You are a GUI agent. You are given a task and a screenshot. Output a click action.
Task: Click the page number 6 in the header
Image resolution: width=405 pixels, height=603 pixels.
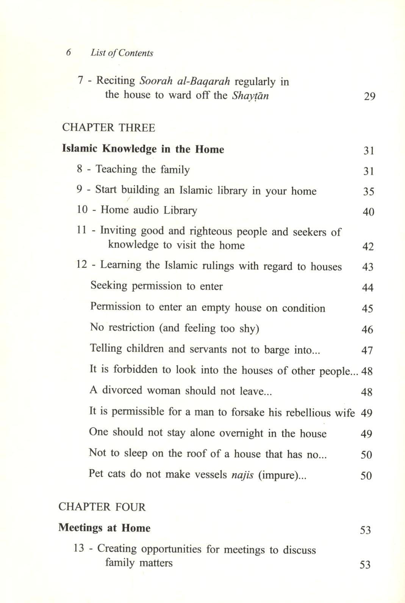tap(69, 53)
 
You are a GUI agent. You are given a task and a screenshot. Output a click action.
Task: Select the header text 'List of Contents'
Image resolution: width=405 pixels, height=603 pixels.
tap(122, 53)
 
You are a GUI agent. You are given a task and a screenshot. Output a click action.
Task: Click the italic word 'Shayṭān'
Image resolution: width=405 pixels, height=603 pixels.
tap(250, 95)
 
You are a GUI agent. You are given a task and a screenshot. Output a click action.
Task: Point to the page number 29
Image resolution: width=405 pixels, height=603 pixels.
tap(369, 96)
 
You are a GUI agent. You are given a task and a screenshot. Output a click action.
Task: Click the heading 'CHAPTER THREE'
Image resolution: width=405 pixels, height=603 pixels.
tap(109, 128)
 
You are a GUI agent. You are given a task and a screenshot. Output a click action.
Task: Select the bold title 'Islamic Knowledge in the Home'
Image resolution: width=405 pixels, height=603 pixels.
tap(143, 149)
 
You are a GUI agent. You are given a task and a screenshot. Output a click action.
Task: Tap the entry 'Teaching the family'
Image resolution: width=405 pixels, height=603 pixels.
tap(142, 169)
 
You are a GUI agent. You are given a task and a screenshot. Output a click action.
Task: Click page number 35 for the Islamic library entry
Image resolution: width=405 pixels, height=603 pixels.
tap(369, 192)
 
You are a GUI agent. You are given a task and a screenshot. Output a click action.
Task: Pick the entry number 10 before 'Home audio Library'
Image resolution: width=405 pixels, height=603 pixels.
tap(82, 210)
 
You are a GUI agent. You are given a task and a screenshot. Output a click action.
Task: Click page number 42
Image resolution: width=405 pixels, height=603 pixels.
tap(368, 247)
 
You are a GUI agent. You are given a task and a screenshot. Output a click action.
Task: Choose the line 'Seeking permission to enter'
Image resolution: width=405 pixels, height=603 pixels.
tap(156, 286)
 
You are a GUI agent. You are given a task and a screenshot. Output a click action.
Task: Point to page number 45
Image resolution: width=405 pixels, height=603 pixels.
tap(367, 309)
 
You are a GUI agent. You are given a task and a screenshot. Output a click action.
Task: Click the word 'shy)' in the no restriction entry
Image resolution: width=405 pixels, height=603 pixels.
tap(249, 328)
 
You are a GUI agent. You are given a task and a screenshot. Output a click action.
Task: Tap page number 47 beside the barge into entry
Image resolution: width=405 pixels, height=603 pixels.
tap(367, 350)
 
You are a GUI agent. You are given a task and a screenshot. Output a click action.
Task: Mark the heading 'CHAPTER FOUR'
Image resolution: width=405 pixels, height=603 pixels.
tap(102, 507)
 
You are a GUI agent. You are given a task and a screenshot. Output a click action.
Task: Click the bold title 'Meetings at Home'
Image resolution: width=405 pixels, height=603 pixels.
tap(105, 528)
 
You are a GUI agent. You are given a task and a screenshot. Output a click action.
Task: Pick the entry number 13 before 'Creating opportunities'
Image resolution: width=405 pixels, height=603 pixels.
tap(79, 549)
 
